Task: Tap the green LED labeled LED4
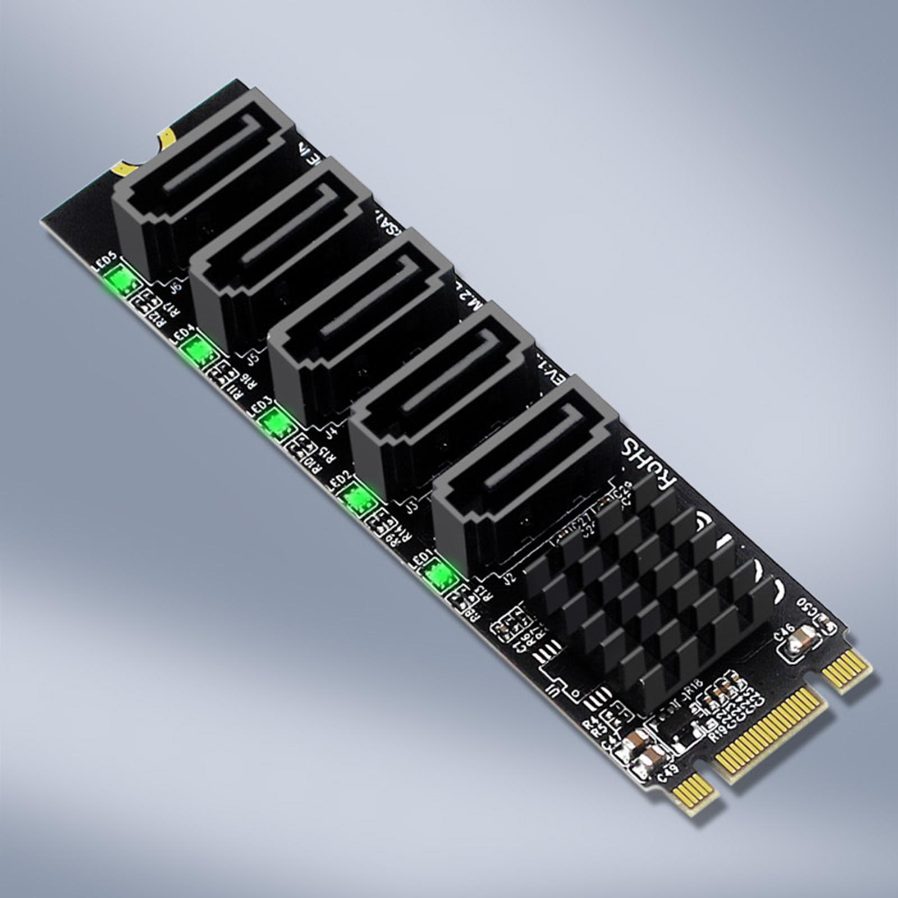(x=199, y=351)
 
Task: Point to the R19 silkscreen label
(x=720, y=733)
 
